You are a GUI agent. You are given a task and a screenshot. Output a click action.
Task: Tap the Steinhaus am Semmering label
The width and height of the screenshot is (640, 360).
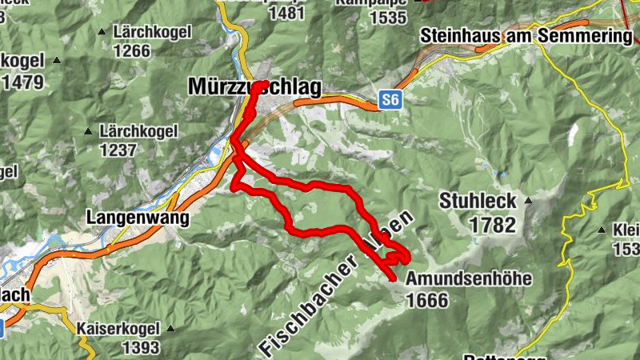point(525,36)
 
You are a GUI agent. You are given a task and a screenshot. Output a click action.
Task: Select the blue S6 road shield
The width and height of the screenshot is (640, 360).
point(390,100)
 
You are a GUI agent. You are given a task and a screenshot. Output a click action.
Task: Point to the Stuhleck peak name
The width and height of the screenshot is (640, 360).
point(477,201)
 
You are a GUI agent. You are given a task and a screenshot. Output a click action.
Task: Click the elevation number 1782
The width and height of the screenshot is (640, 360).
point(493,225)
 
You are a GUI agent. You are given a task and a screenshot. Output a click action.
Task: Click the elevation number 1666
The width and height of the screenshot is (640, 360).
point(428,301)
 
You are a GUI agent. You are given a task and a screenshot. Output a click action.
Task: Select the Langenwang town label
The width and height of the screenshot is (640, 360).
point(138,217)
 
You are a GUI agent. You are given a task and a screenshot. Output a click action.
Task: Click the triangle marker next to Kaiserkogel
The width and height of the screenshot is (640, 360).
point(170,328)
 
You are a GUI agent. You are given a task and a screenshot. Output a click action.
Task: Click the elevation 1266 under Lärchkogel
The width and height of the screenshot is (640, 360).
point(132,51)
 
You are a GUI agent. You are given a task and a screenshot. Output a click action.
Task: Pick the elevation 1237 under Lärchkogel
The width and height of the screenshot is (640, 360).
point(119,149)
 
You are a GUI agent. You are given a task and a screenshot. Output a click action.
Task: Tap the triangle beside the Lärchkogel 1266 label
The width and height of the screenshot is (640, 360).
point(102,32)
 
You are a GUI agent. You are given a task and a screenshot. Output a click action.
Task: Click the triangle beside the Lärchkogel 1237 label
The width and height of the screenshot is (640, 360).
point(88,130)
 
